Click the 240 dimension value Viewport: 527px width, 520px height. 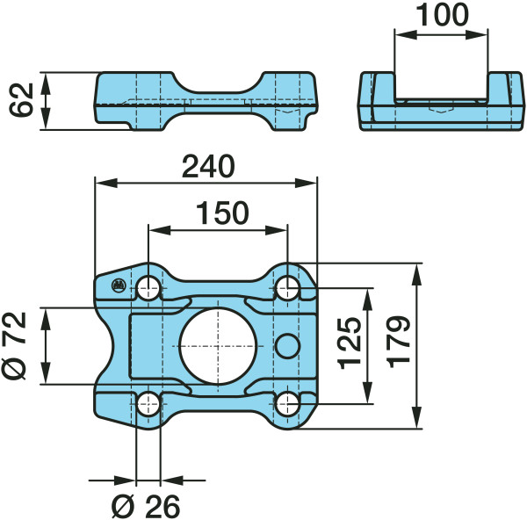point(208,166)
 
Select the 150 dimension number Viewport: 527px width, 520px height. point(222,213)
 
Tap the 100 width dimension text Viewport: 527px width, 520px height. point(442,15)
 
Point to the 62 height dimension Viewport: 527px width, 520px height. point(21,100)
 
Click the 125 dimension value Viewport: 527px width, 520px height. point(350,343)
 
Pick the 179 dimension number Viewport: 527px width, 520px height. point(399,342)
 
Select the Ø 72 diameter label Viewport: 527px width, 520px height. point(14,346)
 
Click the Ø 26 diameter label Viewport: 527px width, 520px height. point(146,506)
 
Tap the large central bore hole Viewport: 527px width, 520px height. point(218,346)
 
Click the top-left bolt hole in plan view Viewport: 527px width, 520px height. point(148,288)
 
